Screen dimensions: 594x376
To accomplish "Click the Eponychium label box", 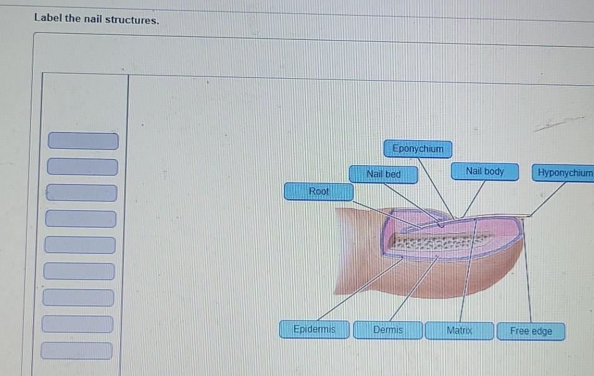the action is [418, 149].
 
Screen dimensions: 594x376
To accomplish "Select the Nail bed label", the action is [383, 174].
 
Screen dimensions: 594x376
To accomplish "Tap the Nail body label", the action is [485, 171].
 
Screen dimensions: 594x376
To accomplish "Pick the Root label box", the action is [318, 191].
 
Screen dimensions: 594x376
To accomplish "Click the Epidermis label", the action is [315, 329].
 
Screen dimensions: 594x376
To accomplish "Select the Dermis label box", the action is [388, 330].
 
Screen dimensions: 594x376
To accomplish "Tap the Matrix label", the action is [460, 330].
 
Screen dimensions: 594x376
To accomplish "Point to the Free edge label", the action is [531, 331].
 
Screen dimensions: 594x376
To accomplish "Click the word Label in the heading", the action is [48, 19].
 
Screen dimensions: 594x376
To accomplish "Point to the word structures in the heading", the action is [132, 20].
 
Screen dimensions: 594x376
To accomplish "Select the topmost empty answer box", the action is [83, 141].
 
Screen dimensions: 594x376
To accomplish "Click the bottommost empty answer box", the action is [77, 351].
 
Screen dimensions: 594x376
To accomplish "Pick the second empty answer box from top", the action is [83, 167].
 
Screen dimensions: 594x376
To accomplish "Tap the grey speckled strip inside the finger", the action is [438, 243].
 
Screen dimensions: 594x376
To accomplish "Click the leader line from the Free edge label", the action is [528, 269].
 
